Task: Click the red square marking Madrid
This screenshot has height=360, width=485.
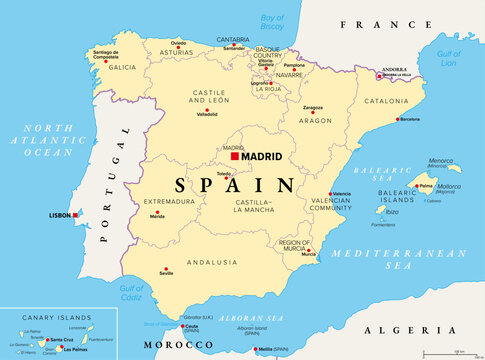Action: [x=235, y=157]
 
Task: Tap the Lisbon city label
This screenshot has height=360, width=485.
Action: [x=60, y=215]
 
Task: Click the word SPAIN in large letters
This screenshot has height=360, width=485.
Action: [x=235, y=185]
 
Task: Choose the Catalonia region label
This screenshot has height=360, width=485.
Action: [x=386, y=101]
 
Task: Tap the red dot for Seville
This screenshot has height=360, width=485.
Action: [x=165, y=266]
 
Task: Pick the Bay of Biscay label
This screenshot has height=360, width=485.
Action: [x=272, y=21]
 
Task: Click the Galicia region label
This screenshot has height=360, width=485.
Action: [x=122, y=67]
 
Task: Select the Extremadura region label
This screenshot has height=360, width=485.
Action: [x=169, y=201]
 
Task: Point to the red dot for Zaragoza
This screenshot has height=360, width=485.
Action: [x=312, y=113]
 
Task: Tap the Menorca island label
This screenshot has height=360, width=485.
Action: [x=439, y=160]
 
